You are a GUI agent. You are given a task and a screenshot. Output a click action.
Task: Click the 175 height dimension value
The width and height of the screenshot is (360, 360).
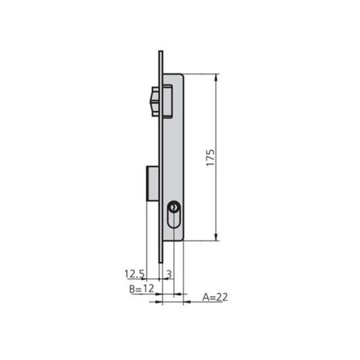click(x=211, y=157)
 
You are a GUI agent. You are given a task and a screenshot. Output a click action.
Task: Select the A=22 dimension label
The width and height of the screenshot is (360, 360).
click(x=215, y=297)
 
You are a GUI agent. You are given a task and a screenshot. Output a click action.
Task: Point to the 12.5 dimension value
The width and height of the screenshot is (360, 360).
click(x=135, y=273)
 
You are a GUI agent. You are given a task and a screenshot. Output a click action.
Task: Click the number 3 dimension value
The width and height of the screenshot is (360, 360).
click(x=169, y=273)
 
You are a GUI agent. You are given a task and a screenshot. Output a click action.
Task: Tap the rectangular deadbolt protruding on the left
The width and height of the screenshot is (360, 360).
click(x=152, y=184)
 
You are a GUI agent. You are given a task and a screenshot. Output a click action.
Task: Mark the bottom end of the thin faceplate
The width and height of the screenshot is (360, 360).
click(x=161, y=261)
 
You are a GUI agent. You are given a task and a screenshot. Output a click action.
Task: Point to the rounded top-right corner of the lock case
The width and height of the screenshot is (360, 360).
click(x=181, y=76)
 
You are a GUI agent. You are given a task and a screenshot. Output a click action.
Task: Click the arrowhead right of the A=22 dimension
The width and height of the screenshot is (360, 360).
click(x=187, y=302)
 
